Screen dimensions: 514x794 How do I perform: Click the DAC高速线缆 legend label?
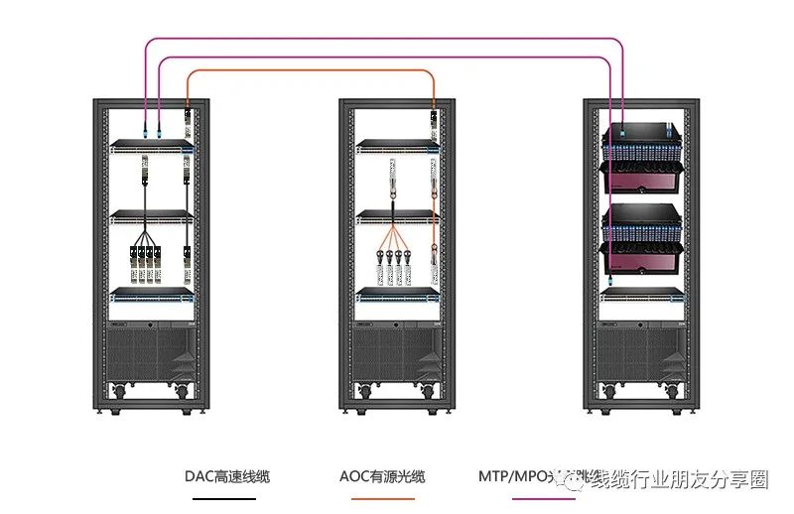click(226, 476)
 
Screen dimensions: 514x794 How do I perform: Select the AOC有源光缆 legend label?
click(382, 476)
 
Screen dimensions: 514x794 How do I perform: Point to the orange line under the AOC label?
click(382, 498)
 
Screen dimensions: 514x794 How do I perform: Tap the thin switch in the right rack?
click(642, 294)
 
